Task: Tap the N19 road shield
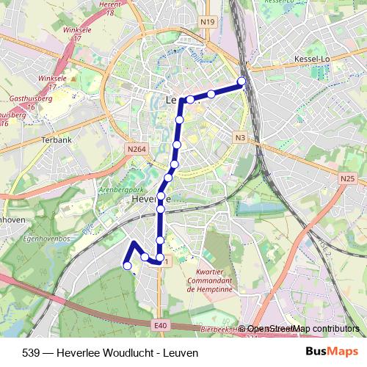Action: (x=206, y=23)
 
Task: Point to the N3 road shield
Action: (x=240, y=137)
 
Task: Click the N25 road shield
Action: (x=347, y=178)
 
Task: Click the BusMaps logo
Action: (x=333, y=352)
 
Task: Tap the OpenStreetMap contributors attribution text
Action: (x=302, y=329)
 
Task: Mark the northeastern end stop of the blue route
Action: (x=241, y=81)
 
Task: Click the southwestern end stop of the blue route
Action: (x=127, y=266)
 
